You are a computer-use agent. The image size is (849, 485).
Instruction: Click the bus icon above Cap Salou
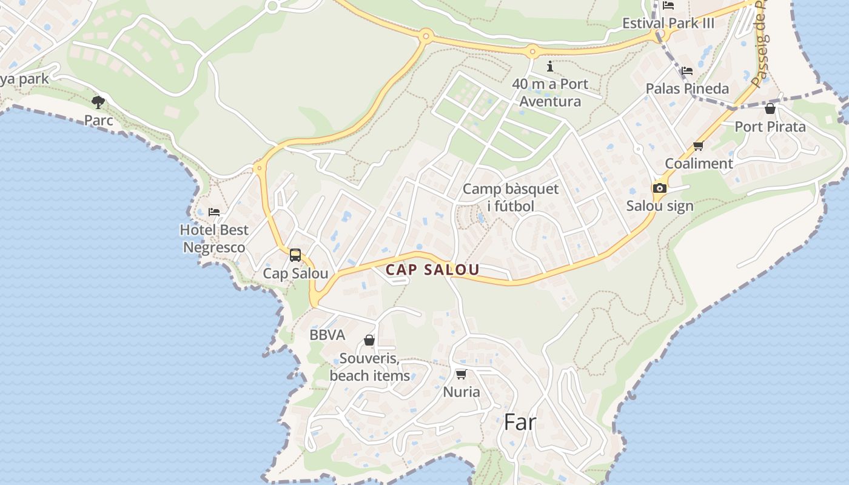coord(295,255)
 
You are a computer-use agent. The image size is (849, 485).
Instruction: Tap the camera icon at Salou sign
coord(660,188)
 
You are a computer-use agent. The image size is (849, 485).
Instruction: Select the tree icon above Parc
coord(98,102)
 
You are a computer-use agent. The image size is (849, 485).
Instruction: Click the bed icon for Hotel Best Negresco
coord(214,212)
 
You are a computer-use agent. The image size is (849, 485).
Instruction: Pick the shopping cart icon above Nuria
coord(461,374)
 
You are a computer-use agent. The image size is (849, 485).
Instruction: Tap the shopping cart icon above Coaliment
coord(698,145)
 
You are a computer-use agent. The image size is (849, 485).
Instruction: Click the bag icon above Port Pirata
coord(770,109)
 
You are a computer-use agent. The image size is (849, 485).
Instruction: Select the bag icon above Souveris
coord(369,340)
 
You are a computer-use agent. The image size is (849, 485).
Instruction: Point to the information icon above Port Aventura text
coord(550,66)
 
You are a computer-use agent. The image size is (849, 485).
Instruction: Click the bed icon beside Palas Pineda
coord(687,71)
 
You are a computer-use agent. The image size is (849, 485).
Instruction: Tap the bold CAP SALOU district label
coord(433,270)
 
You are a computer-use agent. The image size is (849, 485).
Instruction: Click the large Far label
coord(520,422)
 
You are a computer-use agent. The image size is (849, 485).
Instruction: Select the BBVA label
coord(327,335)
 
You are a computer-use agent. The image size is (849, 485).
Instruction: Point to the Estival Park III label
coord(668,23)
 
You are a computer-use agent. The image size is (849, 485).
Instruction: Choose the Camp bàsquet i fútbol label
coord(511,197)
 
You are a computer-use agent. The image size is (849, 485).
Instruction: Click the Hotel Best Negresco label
coord(214,238)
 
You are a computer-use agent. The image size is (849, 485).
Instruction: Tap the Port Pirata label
coord(770,127)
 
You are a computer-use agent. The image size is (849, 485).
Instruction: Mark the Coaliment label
coord(699,163)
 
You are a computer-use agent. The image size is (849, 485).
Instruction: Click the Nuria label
coord(461,392)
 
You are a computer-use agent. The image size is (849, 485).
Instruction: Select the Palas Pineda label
coord(687,89)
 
